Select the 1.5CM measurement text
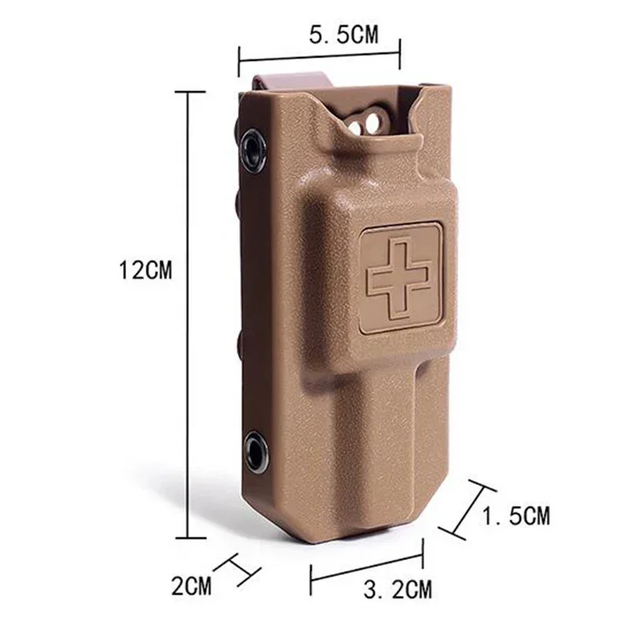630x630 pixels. [516, 517]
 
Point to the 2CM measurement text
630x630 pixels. [192, 585]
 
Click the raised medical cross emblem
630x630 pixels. [400, 276]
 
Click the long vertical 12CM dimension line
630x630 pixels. [188, 315]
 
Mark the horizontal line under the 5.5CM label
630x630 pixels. [319, 57]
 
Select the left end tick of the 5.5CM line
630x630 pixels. [239, 57]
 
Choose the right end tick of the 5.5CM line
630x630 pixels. [400, 57]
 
